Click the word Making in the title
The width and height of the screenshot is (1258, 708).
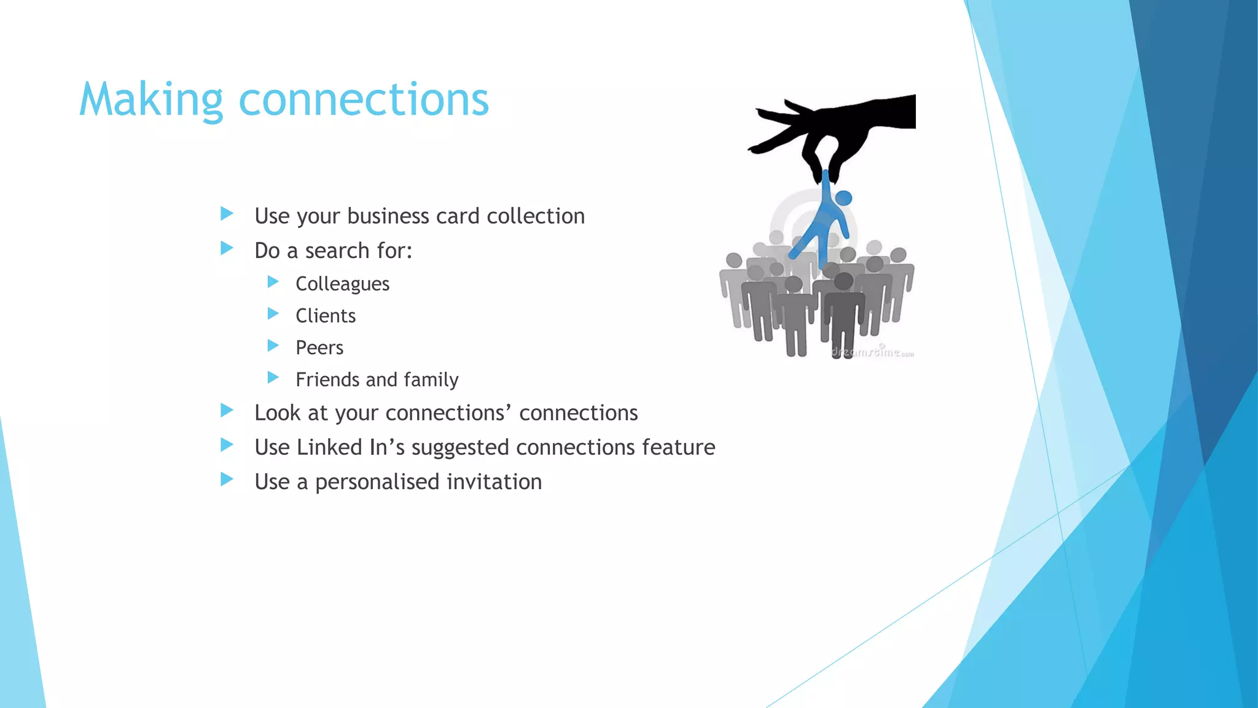point(151,100)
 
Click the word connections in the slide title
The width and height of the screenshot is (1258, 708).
point(364,100)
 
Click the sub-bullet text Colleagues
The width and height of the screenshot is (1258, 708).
point(342,284)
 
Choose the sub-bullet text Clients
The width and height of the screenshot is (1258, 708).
point(326,316)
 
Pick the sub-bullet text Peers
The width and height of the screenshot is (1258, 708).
point(319,348)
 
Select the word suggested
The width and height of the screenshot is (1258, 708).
point(461,447)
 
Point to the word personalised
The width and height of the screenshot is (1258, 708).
point(378,482)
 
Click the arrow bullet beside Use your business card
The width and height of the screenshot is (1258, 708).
point(227,214)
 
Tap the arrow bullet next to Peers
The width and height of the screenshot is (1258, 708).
point(273,345)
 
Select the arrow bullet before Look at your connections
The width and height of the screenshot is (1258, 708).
point(227,411)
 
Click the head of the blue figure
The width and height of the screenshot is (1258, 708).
point(844,198)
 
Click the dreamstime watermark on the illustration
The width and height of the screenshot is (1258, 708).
point(872,352)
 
